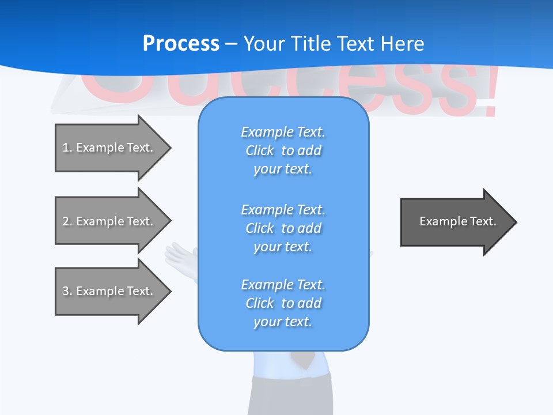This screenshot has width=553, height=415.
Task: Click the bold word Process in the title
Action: point(181,44)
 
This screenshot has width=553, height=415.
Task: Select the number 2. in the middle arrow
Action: point(67,221)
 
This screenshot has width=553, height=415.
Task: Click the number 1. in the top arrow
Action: point(67,148)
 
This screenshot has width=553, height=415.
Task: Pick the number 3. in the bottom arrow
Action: point(67,291)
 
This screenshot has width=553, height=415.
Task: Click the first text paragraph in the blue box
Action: point(283,150)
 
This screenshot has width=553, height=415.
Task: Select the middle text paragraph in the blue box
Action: point(283,228)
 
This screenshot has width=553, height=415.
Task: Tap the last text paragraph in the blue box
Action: point(283,303)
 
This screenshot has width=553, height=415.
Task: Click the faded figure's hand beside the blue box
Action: point(180,254)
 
